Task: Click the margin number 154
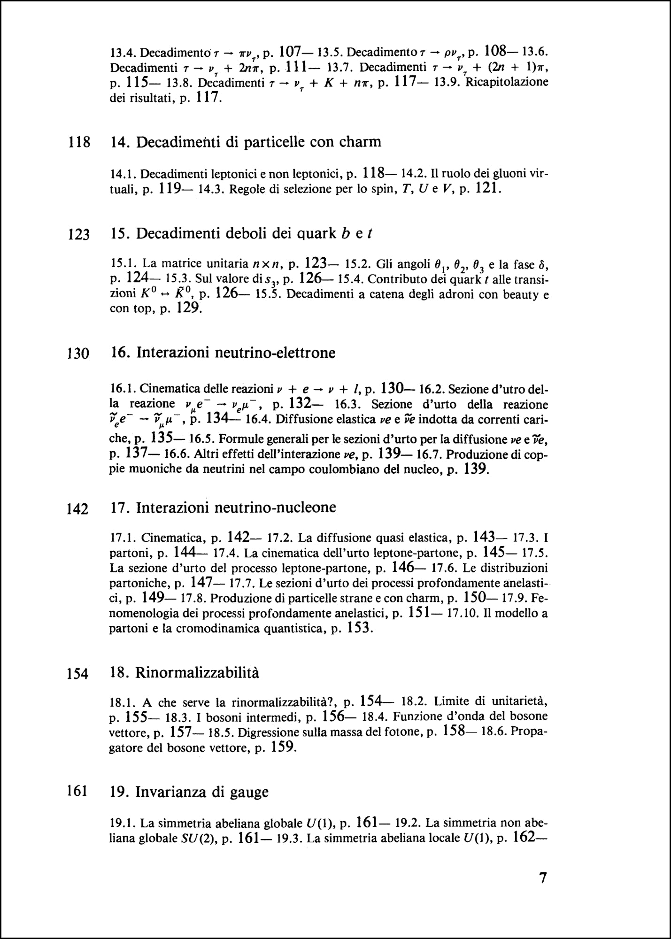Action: tap(78, 674)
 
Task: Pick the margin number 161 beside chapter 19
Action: tap(78, 791)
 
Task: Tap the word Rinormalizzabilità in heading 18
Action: tap(197, 673)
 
